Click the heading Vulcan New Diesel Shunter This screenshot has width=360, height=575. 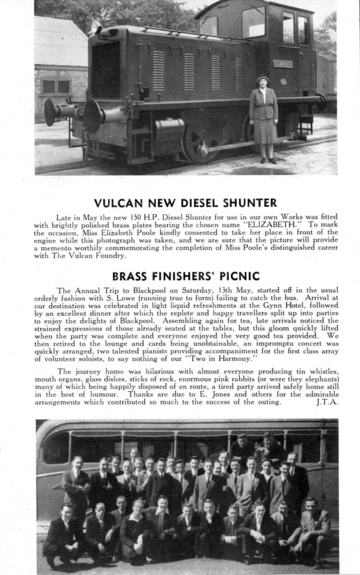(x=185, y=203)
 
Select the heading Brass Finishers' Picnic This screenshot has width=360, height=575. (x=186, y=276)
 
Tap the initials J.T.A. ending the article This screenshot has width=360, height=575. (x=327, y=402)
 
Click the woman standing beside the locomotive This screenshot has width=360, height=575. (x=264, y=120)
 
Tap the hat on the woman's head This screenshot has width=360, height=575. (x=263, y=80)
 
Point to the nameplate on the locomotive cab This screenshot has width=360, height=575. (x=283, y=64)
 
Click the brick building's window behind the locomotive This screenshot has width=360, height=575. (x=56, y=86)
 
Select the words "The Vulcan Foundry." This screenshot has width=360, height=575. (x=88, y=255)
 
